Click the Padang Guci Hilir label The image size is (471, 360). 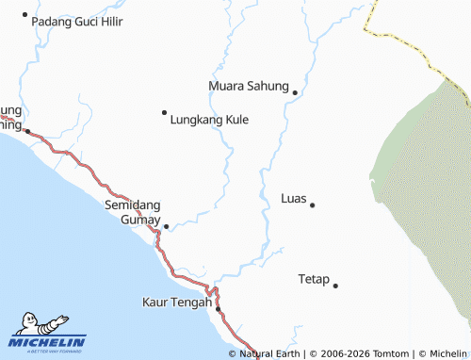coord(77,21)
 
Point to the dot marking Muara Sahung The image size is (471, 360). coord(295,92)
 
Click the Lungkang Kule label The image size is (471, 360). coord(209,120)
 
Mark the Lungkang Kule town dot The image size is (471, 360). coord(164,112)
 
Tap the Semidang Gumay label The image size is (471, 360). coord(133,212)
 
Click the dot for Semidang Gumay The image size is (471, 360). coord(166,226)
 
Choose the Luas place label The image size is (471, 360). coord(293,199)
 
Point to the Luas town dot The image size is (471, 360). coord(312,205)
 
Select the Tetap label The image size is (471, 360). coord(314,279)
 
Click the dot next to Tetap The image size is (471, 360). coord(335,285)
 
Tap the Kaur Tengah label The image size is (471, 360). coord(176,303)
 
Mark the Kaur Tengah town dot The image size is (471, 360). coord(218,309)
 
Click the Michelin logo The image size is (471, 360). coord(47,335)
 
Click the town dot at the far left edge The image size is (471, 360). coord(27,131)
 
